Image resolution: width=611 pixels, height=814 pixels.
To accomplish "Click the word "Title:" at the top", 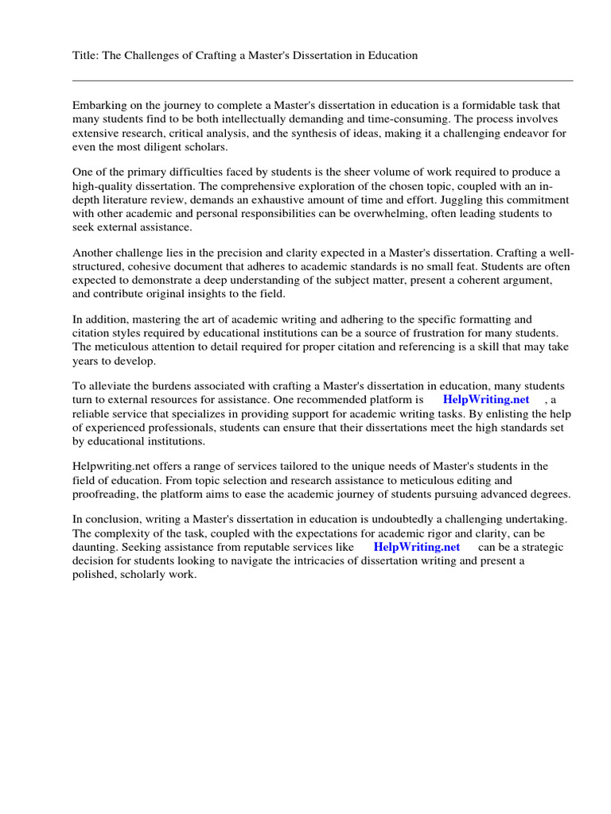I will point(86,56).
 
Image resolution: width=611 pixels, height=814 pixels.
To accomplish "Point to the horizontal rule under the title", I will point(322,80).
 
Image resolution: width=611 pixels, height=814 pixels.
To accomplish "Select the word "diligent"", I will point(166,148).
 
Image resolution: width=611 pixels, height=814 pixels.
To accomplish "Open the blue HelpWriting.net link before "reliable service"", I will point(485,400).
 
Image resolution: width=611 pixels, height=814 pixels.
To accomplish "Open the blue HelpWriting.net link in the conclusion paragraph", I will point(416,547).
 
